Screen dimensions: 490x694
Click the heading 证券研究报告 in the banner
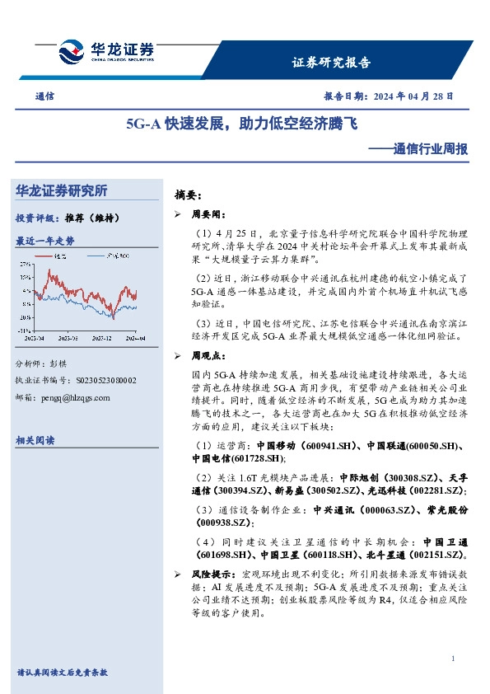click(332, 63)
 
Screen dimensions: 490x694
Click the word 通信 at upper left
click(45, 96)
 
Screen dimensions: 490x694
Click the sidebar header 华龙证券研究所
click(62, 190)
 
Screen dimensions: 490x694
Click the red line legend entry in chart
click(58, 257)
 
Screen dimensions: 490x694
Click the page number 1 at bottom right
click(454, 659)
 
